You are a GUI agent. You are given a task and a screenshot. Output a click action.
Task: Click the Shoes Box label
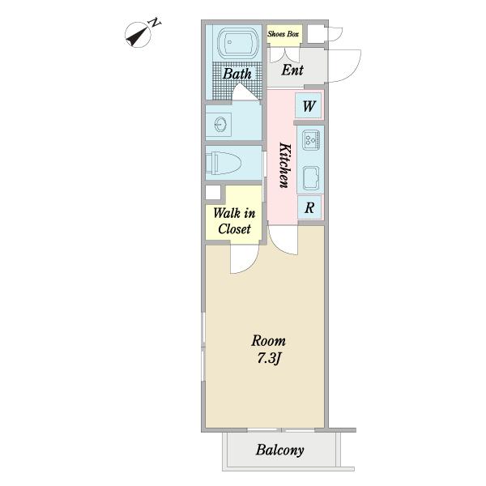click(283, 34)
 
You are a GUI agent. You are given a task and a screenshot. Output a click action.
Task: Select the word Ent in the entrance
click(292, 70)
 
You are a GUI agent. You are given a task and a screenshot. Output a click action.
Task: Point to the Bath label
click(237, 74)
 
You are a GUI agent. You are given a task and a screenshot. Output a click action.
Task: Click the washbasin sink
click(220, 125)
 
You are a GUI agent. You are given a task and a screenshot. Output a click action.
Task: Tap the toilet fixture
click(224, 163)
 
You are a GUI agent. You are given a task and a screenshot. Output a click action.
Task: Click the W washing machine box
click(308, 105)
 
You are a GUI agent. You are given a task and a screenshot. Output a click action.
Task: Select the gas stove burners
click(311, 140)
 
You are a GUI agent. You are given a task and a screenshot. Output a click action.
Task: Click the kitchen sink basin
click(311, 178)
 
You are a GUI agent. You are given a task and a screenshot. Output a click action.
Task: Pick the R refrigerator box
click(309, 207)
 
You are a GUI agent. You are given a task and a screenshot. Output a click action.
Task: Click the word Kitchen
click(285, 165)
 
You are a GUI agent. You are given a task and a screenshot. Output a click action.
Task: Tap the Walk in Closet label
click(234, 221)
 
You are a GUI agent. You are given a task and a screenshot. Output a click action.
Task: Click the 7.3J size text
click(268, 359)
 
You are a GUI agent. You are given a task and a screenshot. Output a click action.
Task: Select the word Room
click(268, 341)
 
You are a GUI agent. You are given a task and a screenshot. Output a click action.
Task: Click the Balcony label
click(280, 450)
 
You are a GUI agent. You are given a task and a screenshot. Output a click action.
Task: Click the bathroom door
click(245, 92)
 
